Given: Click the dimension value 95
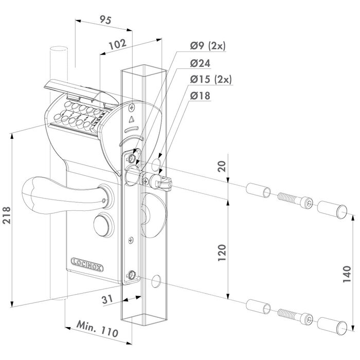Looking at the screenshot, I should [105, 21].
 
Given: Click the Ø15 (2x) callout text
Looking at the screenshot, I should [210, 79].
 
